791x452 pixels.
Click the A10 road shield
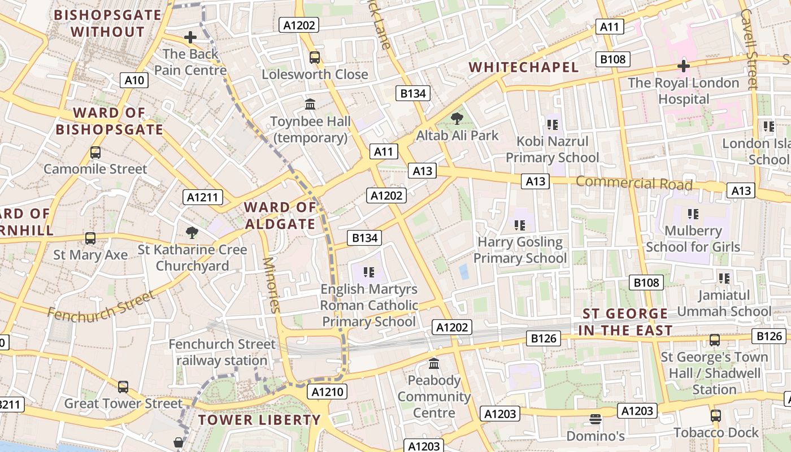[134, 80]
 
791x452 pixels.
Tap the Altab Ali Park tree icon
[457, 119]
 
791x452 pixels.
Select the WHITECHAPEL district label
[524, 67]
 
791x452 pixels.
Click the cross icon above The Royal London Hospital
[684, 66]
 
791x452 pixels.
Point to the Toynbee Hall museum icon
[310, 105]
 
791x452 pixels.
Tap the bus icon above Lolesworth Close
[315, 58]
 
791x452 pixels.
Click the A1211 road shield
[203, 197]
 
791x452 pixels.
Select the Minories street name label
[272, 285]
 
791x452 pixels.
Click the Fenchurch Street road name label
[101, 306]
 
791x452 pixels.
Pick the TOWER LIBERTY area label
[259, 420]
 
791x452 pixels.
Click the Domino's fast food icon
[595, 419]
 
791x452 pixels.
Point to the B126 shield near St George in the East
[544, 338]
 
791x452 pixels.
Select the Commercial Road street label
[634, 183]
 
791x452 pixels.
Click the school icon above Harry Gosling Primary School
[520, 225]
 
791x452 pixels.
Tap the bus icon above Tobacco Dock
[716, 416]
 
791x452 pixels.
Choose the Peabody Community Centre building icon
[434, 363]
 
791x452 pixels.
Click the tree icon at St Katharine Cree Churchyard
[192, 232]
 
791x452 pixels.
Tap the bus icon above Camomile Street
[95, 153]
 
